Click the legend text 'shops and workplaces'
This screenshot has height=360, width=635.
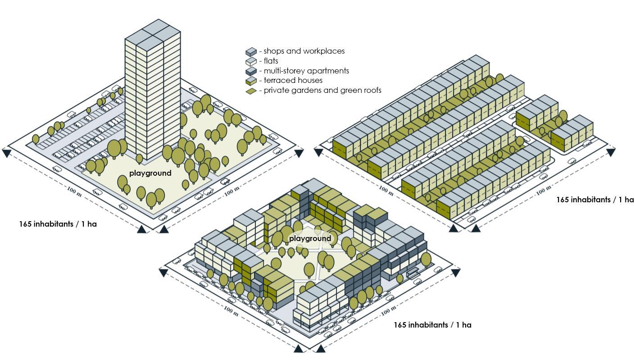304,51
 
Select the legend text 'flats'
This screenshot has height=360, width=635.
271,61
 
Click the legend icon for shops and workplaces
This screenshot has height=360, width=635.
251,52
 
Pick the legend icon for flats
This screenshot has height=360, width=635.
251,62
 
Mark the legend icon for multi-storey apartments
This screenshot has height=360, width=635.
251,71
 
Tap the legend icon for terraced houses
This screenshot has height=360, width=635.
251,81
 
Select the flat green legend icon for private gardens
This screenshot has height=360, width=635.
251,91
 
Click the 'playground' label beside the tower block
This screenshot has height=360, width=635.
150,173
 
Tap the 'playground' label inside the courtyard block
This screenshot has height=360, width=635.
310,238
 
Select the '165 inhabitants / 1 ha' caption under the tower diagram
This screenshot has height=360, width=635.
58,224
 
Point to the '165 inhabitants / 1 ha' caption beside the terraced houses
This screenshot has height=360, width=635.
594,200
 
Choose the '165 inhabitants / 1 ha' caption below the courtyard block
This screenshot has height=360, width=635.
432,325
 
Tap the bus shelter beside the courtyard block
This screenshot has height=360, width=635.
413,273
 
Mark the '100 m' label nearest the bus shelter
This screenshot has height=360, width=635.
388,310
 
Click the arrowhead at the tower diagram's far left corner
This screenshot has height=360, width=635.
6,153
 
